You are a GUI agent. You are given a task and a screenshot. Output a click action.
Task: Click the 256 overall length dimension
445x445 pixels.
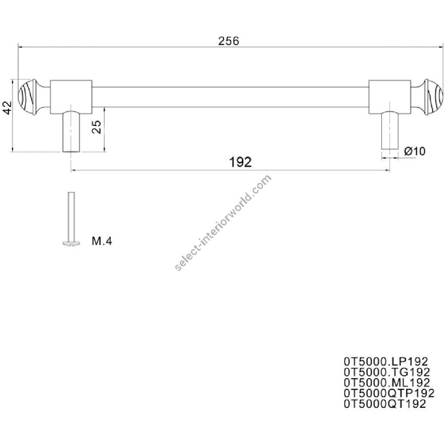228,41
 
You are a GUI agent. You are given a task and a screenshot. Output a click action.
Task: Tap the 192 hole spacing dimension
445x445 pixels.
240,162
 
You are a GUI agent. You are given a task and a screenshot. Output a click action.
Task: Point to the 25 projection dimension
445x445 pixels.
96,127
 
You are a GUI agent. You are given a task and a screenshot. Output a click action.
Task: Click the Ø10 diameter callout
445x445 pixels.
415,151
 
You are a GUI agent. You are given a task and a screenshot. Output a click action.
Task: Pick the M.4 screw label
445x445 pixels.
102,241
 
